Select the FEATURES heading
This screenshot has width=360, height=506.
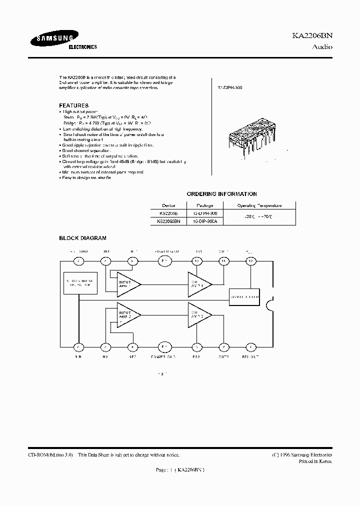click(73, 105)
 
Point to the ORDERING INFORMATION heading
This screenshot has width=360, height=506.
click(221, 194)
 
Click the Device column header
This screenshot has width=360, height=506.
click(168, 205)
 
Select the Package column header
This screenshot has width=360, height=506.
click(204, 205)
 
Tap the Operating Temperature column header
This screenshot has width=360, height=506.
click(259, 205)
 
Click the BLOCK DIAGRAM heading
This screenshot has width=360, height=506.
click(82, 238)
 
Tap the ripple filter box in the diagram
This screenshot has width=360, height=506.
click(244, 296)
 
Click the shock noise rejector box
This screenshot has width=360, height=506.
click(79, 284)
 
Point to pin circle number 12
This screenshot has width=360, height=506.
click(250, 261)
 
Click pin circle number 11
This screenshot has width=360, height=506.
click(223, 261)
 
